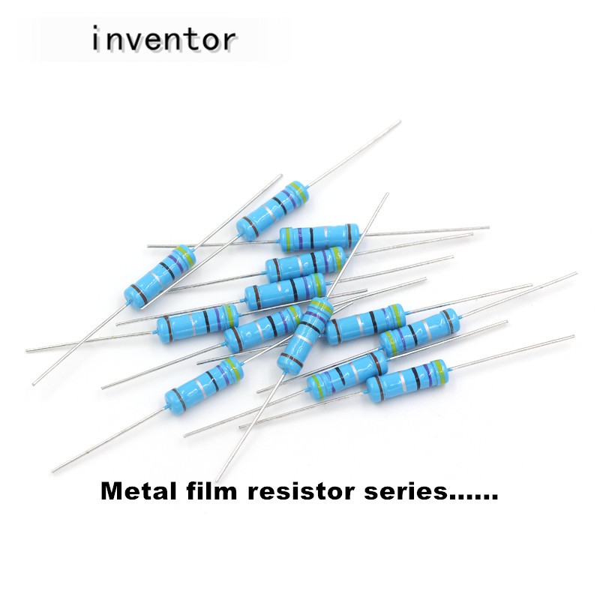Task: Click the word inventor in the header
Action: (x=164, y=39)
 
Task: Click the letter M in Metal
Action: (x=112, y=494)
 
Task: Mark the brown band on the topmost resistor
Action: (x=247, y=223)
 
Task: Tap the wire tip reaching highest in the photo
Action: (x=398, y=121)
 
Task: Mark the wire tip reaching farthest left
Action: (x=27, y=350)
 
